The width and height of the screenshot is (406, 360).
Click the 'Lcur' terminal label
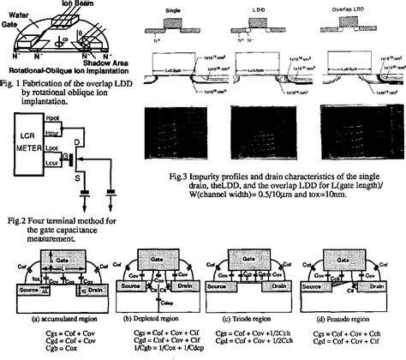[64, 163]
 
